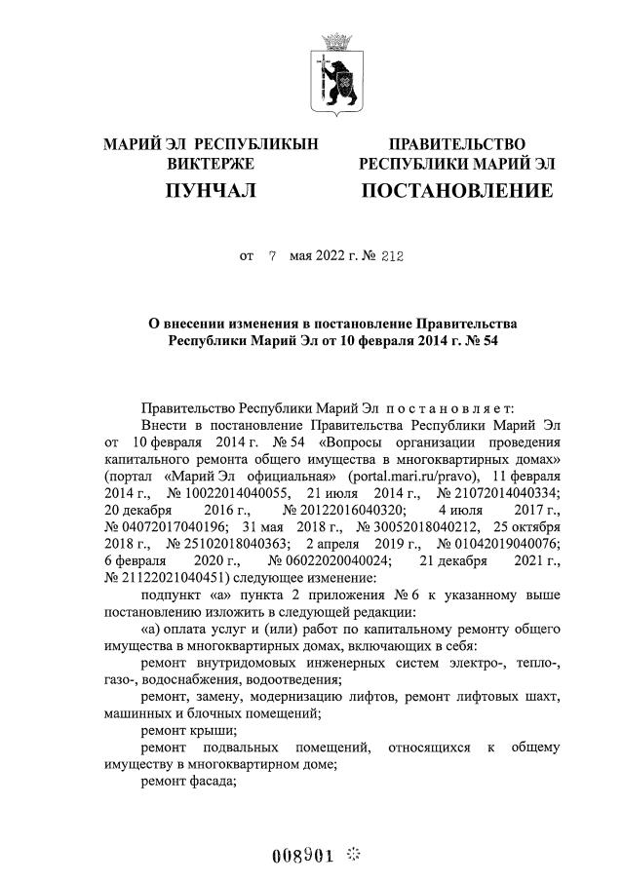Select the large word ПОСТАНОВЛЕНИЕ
456,191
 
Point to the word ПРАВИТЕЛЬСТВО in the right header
457,145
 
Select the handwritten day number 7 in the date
272,257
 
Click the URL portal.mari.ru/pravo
411,475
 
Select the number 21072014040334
490,492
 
